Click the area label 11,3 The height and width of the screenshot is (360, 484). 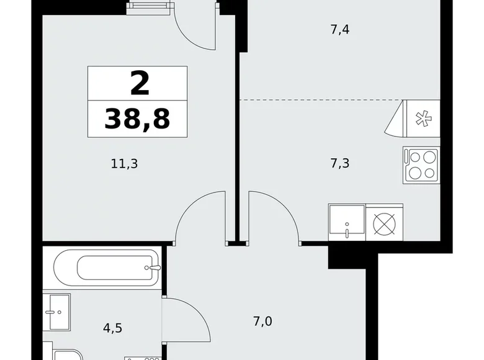pyautogui.click(x=124, y=164)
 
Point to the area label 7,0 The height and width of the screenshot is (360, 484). pyautogui.click(x=263, y=322)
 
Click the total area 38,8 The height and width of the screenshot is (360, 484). pyautogui.click(x=137, y=118)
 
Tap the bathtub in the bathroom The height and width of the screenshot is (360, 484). pyautogui.click(x=107, y=268)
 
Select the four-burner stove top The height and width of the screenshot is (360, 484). pyautogui.click(x=421, y=164)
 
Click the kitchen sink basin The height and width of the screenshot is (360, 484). pyautogui.click(x=347, y=222)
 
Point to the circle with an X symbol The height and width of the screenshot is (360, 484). pyautogui.click(x=385, y=223)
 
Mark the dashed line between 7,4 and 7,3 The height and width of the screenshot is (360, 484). pyautogui.click(x=320, y=100)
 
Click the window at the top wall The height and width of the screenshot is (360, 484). pyautogui.click(x=149, y=7)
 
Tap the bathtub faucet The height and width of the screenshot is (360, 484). pyautogui.click(x=155, y=268)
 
